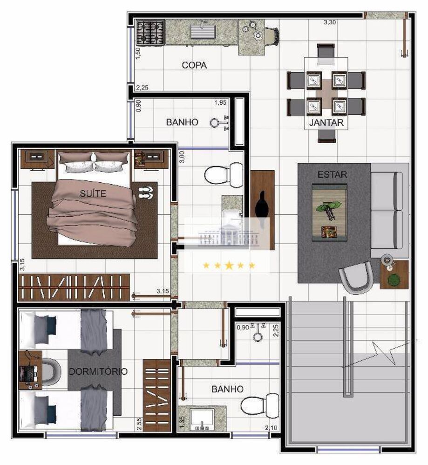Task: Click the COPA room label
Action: pos(194,66)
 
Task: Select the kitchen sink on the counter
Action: pos(203,33)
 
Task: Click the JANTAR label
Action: pos(326,123)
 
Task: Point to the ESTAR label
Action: pos(329,175)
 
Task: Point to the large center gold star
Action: pos(229,266)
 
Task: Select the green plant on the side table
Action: pos(394,280)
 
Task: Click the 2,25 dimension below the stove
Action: pos(142,87)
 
